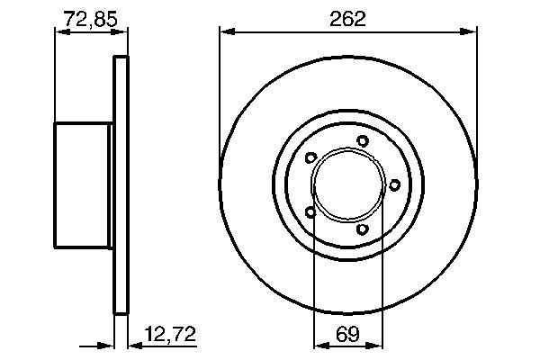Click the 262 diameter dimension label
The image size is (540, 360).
[x=347, y=17]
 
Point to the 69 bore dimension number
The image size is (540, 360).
[x=347, y=335]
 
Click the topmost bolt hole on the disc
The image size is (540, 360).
[x=362, y=140]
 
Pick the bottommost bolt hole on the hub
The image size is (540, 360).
[x=362, y=230]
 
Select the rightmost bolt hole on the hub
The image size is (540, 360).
[x=394, y=184]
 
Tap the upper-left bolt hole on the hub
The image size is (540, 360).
[x=310, y=158]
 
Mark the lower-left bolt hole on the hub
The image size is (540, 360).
[x=310, y=212]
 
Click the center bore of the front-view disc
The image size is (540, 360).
[x=347, y=185]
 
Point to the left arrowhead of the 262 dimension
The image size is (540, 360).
[x=225, y=32]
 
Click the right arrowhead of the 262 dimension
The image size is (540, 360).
[x=470, y=32]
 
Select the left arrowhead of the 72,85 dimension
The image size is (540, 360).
[x=59, y=32]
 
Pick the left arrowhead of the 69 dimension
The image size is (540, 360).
[x=317, y=344]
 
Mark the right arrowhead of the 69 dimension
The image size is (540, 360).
[x=378, y=344]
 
